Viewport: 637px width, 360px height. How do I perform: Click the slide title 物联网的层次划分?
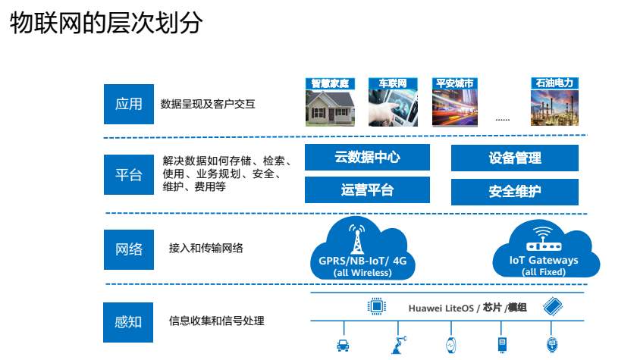pyautogui.click(x=106, y=24)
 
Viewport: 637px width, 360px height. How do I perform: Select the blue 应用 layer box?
pyautogui.click(x=128, y=104)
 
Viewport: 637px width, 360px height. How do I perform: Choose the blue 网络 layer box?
pyautogui.click(x=128, y=249)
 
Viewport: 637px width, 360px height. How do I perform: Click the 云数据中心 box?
pyautogui.click(x=367, y=158)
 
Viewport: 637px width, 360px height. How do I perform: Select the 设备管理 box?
pyautogui.click(x=514, y=158)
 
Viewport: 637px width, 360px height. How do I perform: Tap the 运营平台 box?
pyautogui.click(x=367, y=190)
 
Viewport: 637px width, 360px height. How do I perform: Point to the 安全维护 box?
pyautogui.click(x=514, y=190)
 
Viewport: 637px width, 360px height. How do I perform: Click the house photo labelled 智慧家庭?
pyautogui.click(x=330, y=106)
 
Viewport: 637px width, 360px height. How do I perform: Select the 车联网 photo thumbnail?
pyautogui.click(x=393, y=106)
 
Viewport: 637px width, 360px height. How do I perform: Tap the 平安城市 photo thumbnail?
pyautogui.click(x=456, y=106)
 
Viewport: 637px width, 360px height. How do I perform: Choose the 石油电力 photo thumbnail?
pyautogui.click(x=554, y=106)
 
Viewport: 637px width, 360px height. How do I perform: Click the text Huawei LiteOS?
pyautogui.click(x=441, y=307)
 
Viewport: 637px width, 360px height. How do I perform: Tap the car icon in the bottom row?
pyautogui.click(x=343, y=346)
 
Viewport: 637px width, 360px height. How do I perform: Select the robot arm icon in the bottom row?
pyautogui.click(x=400, y=345)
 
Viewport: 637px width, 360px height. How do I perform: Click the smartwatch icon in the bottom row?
pyautogui.click(x=450, y=345)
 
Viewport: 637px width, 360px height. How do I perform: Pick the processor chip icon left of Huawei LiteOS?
pyautogui.click(x=375, y=306)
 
